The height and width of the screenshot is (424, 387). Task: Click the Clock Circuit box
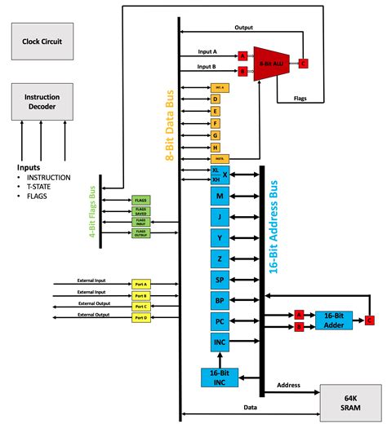click(x=42, y=40)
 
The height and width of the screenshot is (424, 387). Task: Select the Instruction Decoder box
click(x=42, y=100)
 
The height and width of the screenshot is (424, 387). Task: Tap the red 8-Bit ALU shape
click(x=271, y=63)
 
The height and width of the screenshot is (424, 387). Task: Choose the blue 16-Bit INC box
click(x=220, y=377)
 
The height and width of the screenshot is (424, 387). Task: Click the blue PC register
click(x=220, y=321)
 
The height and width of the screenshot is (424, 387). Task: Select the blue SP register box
click(x=220, y=279)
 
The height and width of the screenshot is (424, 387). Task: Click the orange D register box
click(x=216, y=98)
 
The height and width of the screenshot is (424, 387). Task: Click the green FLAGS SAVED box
click(x=140, y=210)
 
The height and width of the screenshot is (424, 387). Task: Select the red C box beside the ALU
click(x=304, y=63)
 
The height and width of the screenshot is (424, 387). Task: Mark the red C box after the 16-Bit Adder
click(x=370, y=320)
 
